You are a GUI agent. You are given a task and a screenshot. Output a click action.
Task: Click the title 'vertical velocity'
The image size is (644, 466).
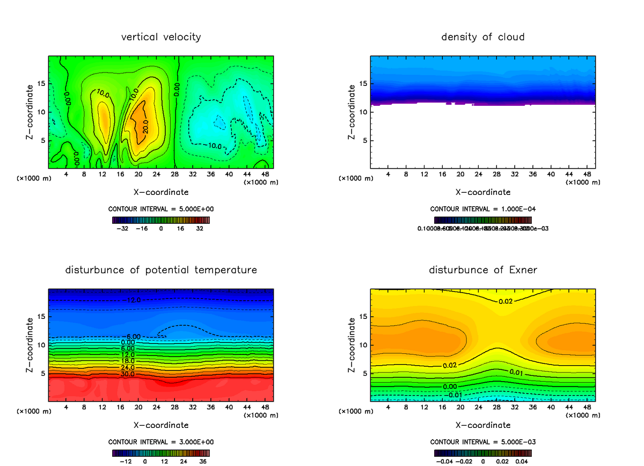pyautogui.click(x=161, y=37)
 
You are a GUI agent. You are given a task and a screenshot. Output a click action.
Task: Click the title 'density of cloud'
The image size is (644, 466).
pyautogui.click(x=483, y=37)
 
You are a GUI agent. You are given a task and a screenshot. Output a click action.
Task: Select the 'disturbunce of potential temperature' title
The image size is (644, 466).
pyautogui.click(x=161, y=270)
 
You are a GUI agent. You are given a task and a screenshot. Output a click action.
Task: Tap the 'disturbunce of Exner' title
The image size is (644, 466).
pyautogui.click(x=483, y=270)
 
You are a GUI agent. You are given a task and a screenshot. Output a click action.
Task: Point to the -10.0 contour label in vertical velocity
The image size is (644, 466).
pyautogui.click(x=215, y=145)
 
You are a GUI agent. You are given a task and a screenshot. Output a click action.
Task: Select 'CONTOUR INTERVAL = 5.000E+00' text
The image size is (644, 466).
pyautogui.click(x=161, y=209)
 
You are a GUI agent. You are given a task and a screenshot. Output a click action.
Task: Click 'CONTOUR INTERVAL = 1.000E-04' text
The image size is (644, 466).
pyautogui.click(x=483, y=209)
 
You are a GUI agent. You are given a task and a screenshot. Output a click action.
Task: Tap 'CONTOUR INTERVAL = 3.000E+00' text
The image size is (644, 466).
pyautogui.click(x=161, y=442)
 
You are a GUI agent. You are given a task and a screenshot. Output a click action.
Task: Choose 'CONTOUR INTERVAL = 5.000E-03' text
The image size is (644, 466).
pyautogui.click(x=483, y=442)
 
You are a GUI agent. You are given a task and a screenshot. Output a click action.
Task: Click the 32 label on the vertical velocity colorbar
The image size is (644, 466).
pyautogui.click(x=200, y=228)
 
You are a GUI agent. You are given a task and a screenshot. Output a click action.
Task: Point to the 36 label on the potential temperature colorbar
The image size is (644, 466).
pyautogui.click(x=203, y=461)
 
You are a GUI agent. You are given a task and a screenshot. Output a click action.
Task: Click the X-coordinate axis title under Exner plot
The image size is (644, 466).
pyautogui.click(x=483, y=425)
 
